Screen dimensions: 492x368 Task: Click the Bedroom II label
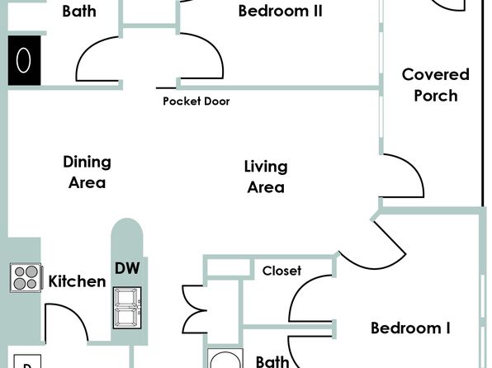point(280,11)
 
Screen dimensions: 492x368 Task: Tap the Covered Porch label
point(436,85)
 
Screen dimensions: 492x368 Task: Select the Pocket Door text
point(196,101)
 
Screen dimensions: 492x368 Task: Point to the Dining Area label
point(87,172)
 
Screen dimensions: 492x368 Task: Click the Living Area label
point(266,177)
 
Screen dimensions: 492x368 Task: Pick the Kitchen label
point(77,281)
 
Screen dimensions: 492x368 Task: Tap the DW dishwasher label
point(127,268)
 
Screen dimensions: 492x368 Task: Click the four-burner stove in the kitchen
point(26,277)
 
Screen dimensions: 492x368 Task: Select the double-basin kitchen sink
point(127,308)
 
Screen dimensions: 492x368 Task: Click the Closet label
point(281,271)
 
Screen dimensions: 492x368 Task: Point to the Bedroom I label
point(410,328)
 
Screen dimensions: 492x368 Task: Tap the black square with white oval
point(24,60)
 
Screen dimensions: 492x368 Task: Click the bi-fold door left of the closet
point(193,309)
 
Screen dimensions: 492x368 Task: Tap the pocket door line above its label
point(166,88)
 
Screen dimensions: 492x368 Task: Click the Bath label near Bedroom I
point(272,361)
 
